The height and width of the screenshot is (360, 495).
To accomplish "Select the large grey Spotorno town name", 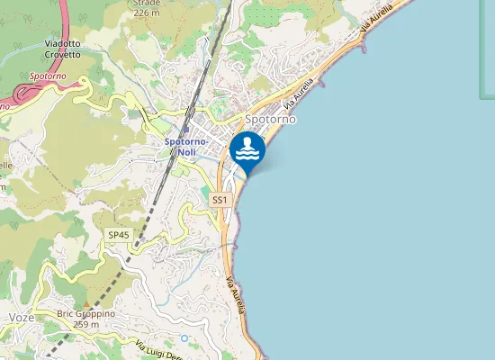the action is (x=271, y=119).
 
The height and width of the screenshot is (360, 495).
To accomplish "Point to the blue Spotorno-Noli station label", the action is (x=187, y=147).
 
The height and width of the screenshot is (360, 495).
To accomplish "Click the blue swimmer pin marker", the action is (x=247, y=150).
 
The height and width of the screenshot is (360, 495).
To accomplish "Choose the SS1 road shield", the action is (x=220, y=199).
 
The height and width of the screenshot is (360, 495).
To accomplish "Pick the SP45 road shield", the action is (x=118, y=234).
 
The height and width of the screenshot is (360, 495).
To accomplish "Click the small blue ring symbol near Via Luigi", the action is (x=184, y=338).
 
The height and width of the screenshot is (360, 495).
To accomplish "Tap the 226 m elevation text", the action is (x=146, y=13).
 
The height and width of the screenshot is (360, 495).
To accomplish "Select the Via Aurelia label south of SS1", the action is (x=237, y=293).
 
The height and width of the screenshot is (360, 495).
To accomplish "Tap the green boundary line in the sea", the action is (x=481, y=54).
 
